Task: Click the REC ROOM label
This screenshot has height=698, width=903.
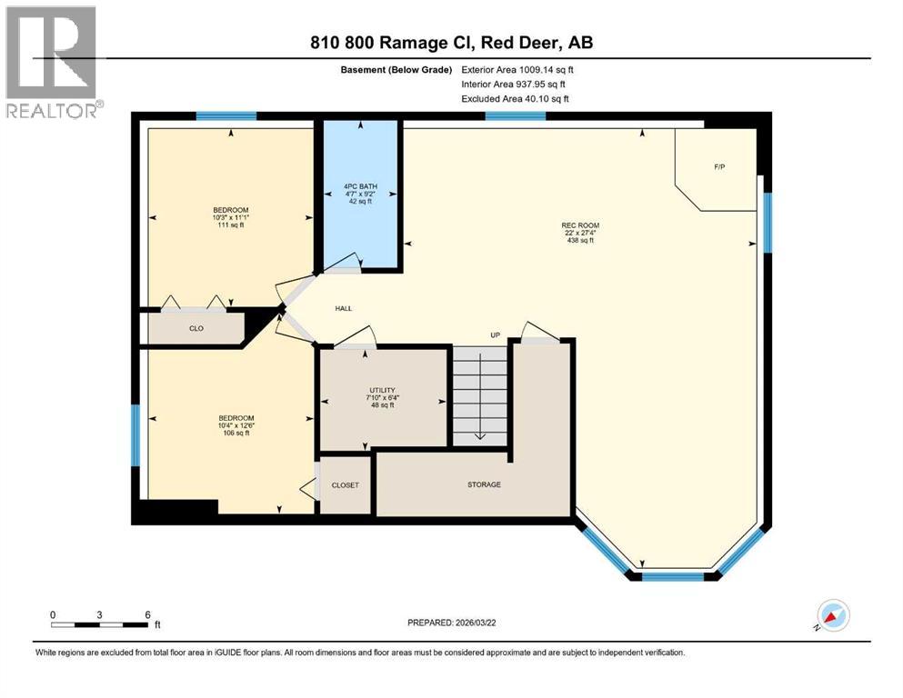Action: coord(580,225)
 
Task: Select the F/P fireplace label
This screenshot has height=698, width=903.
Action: coord(719,168)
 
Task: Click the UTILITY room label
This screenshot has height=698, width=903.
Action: coord(381,390)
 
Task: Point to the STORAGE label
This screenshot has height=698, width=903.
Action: coord(484,484)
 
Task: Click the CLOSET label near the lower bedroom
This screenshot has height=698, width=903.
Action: coord(345,485)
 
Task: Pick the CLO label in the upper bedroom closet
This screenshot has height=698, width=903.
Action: coord(196,328)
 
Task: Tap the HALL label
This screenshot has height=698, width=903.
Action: coord(343,309)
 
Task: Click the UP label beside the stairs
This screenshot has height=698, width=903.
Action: coord(496,335)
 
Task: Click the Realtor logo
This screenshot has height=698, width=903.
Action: coord(51,62)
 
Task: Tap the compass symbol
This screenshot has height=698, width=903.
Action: coord(832,615)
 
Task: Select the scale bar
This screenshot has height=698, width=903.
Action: coord(100,623)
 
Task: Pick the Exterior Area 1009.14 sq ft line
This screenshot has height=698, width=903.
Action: coord(517,69)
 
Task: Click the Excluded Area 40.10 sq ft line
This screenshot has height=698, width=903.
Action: coord(516,98)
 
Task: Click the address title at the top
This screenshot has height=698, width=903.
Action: coord(451,43)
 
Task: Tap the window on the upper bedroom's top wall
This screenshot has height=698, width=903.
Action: coord(226,116)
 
